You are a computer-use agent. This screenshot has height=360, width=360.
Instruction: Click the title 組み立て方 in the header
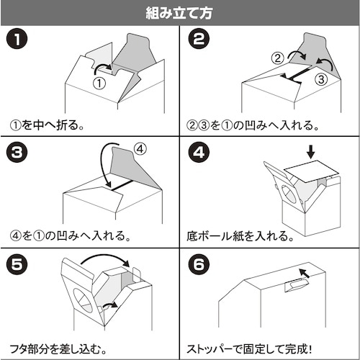point(179,12)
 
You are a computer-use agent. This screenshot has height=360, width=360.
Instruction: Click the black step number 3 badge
point(17,154)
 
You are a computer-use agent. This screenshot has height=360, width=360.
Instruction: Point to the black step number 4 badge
point(197,154)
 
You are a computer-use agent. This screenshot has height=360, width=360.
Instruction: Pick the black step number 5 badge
point(17,264)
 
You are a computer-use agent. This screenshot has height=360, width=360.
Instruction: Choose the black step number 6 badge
point(197,264)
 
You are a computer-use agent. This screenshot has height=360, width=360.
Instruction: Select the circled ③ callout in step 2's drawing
point(322,79)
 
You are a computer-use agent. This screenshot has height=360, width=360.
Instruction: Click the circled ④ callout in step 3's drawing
point(140,150)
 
